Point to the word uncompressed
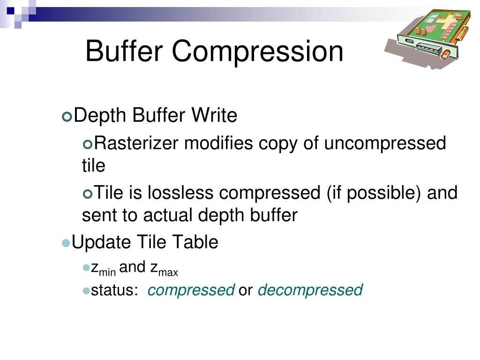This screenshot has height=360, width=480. pos(384,143)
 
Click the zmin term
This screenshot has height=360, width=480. pos(103,269)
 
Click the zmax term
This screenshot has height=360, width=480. pos(164,269)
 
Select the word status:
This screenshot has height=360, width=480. pos(114,290)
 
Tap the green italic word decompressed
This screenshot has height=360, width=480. pos(310,290)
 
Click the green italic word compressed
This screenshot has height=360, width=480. pos(191,290)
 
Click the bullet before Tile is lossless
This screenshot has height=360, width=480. pos(87,194)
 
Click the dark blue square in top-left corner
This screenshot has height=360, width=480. pos(10,9)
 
